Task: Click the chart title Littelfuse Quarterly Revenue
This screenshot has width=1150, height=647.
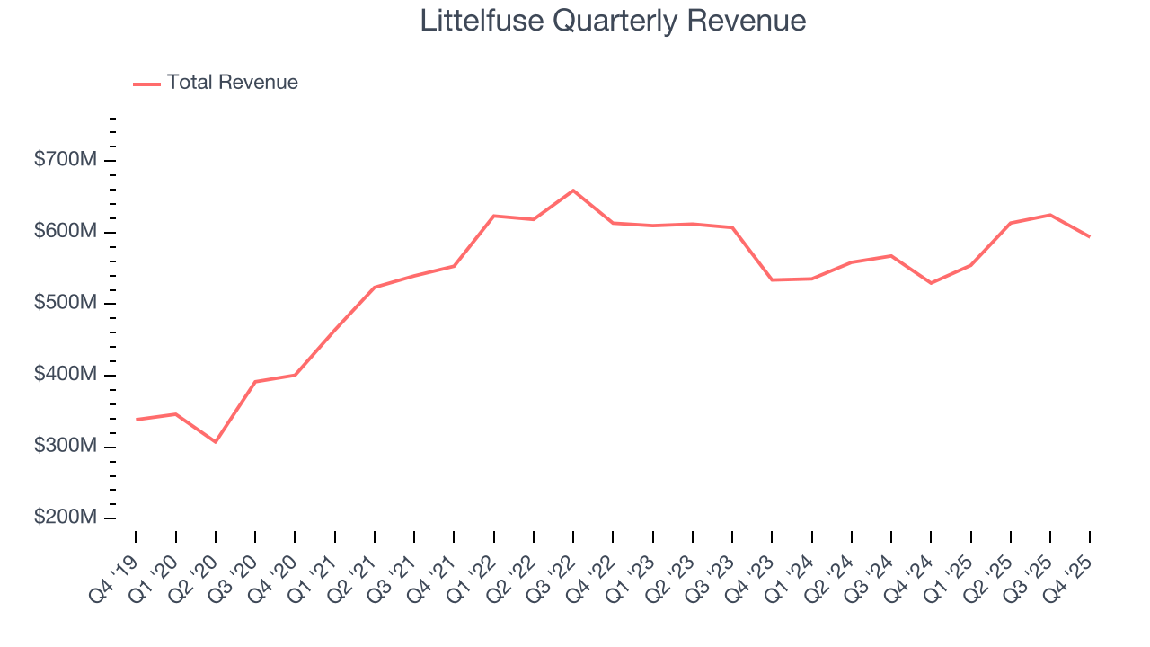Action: (613, 22)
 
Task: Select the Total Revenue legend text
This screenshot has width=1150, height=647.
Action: (232, 83)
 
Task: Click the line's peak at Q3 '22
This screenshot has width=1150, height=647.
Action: (573, 191)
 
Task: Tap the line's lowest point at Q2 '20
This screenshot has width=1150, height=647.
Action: (216, 442)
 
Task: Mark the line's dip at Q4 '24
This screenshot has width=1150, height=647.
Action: (931, 283)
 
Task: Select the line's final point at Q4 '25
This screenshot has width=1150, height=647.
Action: (1090, 236)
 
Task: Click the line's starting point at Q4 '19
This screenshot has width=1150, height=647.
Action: (136, 420)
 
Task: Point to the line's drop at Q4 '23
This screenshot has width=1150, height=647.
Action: (772, 279)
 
